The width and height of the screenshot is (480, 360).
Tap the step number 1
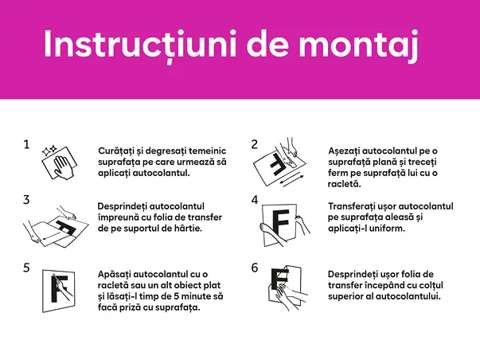click(26, 145)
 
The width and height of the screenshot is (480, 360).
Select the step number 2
click(255, 145)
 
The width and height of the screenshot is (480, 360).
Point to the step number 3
click(26, 200)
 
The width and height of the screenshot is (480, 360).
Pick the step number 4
click(255, 200)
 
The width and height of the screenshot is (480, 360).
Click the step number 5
click(26, 268)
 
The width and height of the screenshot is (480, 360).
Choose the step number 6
click(255, 268)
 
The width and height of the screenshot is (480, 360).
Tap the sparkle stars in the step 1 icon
click(49, 149)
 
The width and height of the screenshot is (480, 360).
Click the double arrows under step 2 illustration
click(291, 181)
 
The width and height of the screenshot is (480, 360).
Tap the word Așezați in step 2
click(349, 151)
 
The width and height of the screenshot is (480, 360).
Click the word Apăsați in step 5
click(117, 274)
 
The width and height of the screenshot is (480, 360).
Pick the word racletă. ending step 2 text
click(345, 184)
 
